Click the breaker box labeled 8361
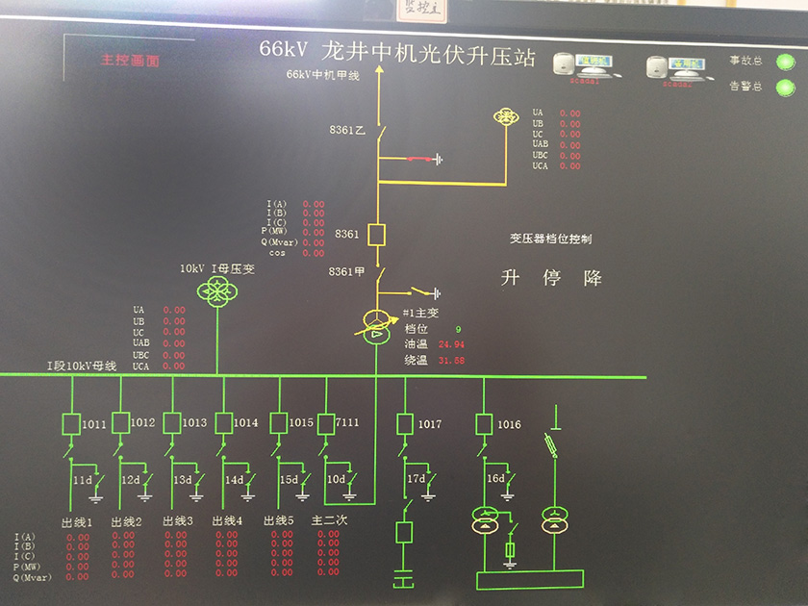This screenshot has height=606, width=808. pos(377,234)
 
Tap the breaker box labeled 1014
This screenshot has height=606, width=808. pos(224,422)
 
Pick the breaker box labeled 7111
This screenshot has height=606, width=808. pos(325,422)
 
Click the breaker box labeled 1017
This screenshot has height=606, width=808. pos(405,423)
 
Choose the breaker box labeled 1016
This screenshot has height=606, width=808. pos(484,423)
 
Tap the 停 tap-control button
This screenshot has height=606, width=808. pos(552,278)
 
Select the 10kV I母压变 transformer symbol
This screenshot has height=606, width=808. pos(216,290)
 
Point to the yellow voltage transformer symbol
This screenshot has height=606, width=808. pos(505,116)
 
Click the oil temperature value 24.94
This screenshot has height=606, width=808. pos(451,343)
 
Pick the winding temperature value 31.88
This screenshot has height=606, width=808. pos(451,360)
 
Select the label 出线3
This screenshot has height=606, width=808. pos(178,521)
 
